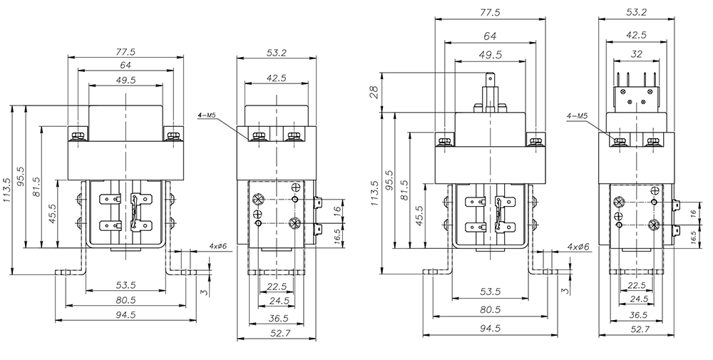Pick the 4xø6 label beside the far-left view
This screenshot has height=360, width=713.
tap(217, 246)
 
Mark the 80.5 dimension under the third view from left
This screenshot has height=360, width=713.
tap(488, 311)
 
